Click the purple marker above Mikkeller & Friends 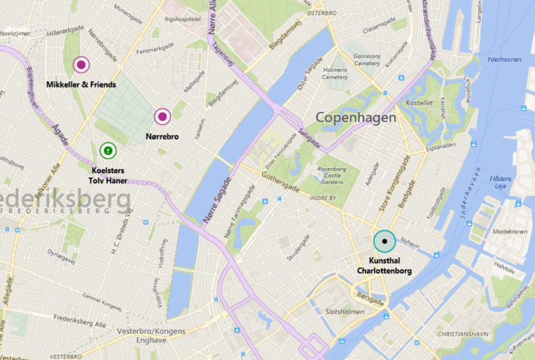[x=81, y=65]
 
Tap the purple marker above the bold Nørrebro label [x=162, y=116]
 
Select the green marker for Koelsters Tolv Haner [x=108, y=150]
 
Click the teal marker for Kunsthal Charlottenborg [x=384, y=241]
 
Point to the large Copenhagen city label [x=355, y=117]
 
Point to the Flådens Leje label [x=505, y=181]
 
